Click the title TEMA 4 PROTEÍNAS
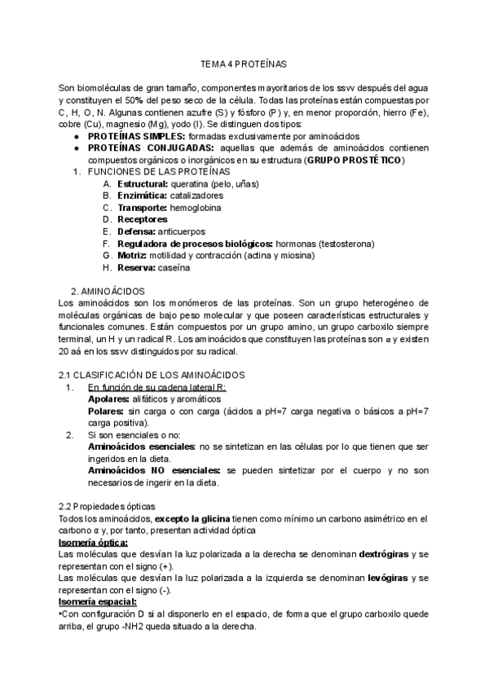(x=244, y=63)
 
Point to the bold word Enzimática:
(x=143, y=196)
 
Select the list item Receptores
(x=143, y=219)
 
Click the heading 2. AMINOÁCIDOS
(x=108, y=291)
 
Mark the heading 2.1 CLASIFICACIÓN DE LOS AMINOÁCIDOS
(x=152, y=374)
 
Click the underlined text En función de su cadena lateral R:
(x=156, y=387)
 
